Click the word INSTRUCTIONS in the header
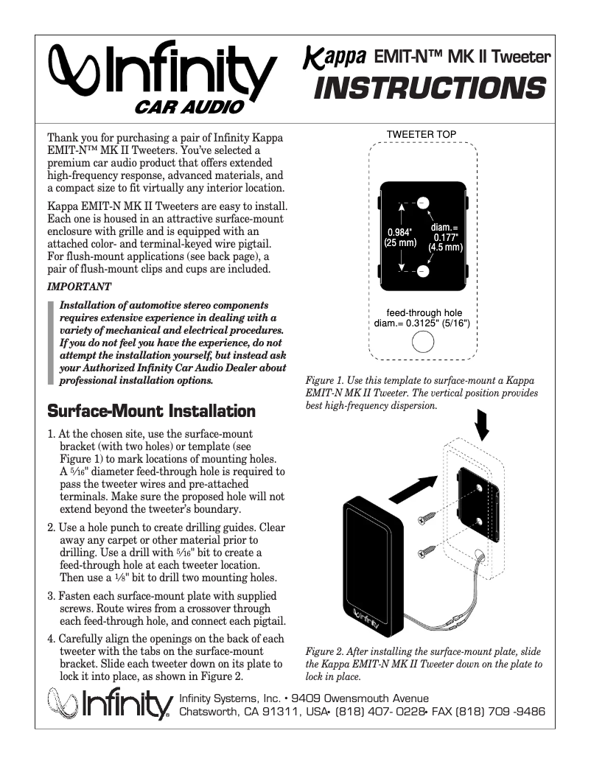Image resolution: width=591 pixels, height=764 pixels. pyautogui.click(x=430, y=88)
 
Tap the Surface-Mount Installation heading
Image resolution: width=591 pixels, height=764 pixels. pyautogui.click(x=151, y=410)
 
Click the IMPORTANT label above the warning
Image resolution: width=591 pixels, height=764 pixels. pyautogui.click(x=79, y=286)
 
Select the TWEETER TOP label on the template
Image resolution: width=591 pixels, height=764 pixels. pyautogui.click(x=422, y=133)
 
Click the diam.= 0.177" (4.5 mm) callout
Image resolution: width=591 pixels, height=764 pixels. pyautogui.click(x=445, y=237)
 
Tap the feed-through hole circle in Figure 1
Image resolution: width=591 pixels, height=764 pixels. pyautogui.click(x=422, y=343)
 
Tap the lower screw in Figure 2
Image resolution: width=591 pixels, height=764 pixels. pyautogui.click(x=430, y=549)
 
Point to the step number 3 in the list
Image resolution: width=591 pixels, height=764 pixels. pyautogui.click(x=50, y=595)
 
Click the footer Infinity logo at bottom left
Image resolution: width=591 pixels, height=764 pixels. pyautogui.click(x=109, y=705)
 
